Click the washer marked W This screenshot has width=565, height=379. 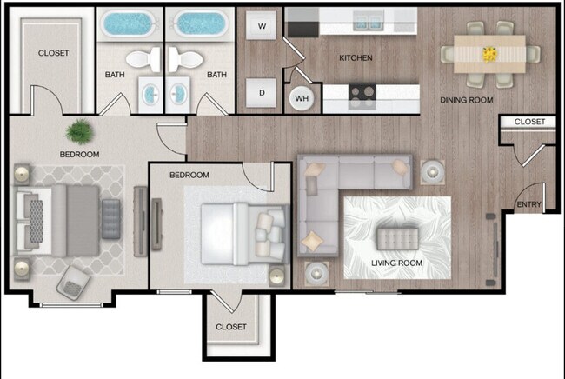[261, 27]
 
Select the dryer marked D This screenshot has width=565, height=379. [261, 92]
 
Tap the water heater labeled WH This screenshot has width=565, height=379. [302, 98]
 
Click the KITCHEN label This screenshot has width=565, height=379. [356, 58]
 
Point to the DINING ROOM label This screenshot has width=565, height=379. [466, 100]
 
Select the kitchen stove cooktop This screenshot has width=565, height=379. [362, 92]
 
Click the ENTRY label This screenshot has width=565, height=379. [528, 205]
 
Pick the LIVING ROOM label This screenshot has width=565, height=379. [396, 263]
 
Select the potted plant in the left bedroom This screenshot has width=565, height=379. [79, 132]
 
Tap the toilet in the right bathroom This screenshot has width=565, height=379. [185, 59]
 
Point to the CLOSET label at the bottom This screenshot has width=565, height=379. [231, 327]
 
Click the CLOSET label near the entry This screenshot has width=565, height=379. [529, 123]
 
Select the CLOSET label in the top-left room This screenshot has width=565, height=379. [53, 53]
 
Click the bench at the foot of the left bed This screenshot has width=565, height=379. [110, 218]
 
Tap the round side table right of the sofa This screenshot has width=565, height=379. [431, 171]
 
